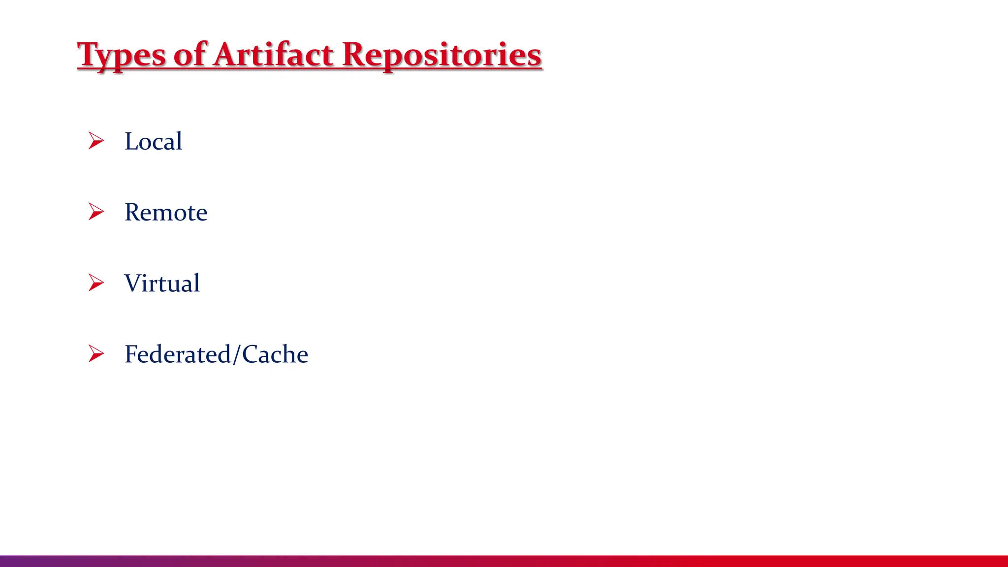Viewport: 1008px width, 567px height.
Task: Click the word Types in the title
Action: pyautogui.click(x=122, y=55)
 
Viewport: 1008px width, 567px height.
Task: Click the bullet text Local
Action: pyautogui.click(x=153, y=142)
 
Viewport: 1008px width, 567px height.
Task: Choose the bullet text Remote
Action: pyautogui.click(x=166, y=213)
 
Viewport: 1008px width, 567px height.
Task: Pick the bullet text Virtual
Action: pyautogui.click(x=162, y=283)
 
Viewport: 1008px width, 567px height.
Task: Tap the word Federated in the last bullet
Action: pyautogui.click(x=178, y=354)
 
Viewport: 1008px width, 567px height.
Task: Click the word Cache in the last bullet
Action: pyautogui.click(x=275, y=354)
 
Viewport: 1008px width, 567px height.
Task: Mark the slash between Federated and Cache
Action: pyautogui.click(x=237, y=355)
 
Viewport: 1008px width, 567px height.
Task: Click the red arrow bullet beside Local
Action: pyautogui.click(x=96, y=141)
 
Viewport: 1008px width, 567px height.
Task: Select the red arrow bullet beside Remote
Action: pyautogui.click(x=96, y=212)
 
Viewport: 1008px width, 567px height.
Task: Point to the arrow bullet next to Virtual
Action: pyautogui.click(x=96, y=283)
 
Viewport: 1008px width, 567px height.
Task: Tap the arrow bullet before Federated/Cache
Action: pyautogui.click(x=96, y=353)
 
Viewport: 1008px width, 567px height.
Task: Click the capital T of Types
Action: pyautogui.click(x=89, y=54)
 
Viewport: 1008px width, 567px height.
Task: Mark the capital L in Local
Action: pyautogui.click(x=131, y=142)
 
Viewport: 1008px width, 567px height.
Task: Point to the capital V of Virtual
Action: pyautogui.click(x=134, y=283)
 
